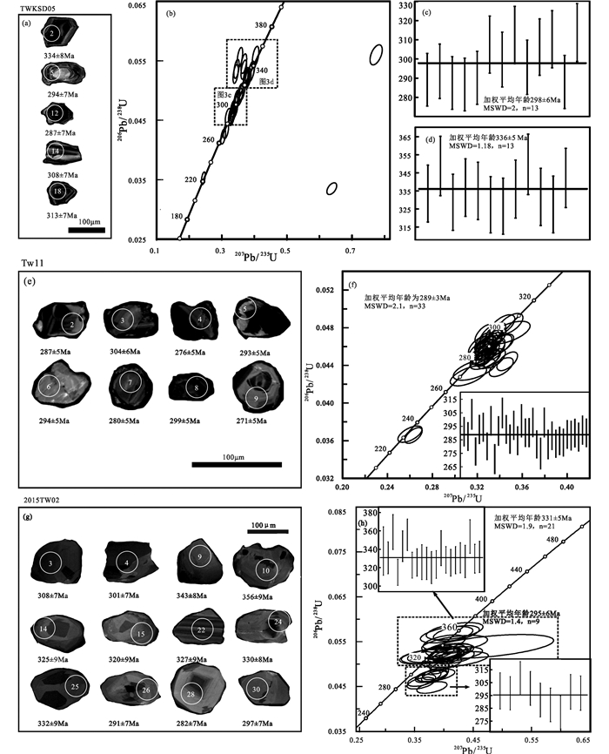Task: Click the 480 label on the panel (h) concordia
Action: (552, 541)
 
